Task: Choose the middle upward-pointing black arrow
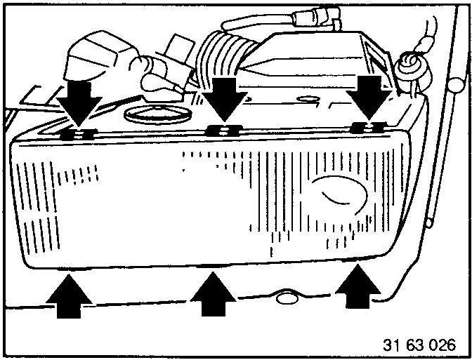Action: [x=212, y=295]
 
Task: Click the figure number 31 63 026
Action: [x=419, y=345]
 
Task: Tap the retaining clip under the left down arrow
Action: [x=78, y=133]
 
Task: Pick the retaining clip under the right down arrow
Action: [x=367, y=126]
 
